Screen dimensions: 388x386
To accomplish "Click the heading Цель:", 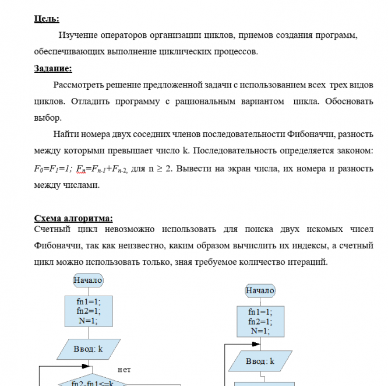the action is pos(47,19).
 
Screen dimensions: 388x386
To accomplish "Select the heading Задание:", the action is pos(53,69).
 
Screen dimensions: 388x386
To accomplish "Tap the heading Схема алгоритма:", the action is pos(73,219).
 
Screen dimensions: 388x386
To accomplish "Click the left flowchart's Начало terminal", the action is pos(88,280).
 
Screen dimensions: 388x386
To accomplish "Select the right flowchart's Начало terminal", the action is pos(260,290).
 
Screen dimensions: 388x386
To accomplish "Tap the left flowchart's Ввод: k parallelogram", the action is pos(88,349).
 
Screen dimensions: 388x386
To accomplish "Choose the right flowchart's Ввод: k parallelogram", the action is pos(260,361).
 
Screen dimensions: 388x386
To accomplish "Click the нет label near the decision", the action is pos(124,369).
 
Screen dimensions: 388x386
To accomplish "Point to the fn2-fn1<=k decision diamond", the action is pos(91,382).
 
